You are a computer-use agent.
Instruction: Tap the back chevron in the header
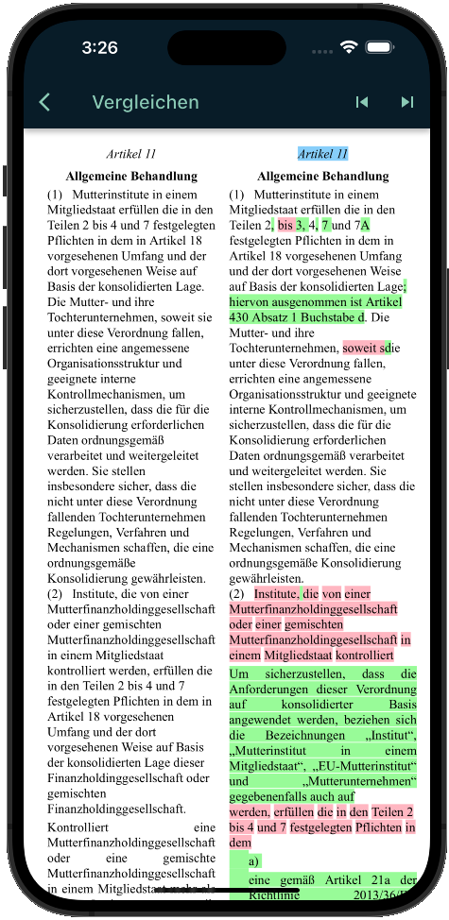coord(44,102)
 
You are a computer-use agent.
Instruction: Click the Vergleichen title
coord(146,102)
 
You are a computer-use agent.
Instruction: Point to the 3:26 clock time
coord(99,47)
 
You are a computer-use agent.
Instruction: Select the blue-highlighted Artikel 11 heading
coord(322,154)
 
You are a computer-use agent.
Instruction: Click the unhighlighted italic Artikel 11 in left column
coord(131,154)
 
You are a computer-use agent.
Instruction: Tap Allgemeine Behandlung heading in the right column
coord(322,176)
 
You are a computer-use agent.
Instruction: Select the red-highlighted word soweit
coord(363,348)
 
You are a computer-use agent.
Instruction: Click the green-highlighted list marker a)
coord(254,861)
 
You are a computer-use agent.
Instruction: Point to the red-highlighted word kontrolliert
coord(365,655)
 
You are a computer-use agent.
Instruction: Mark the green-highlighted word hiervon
coord(250,301)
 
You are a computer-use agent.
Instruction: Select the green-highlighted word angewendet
coord(262,721)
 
